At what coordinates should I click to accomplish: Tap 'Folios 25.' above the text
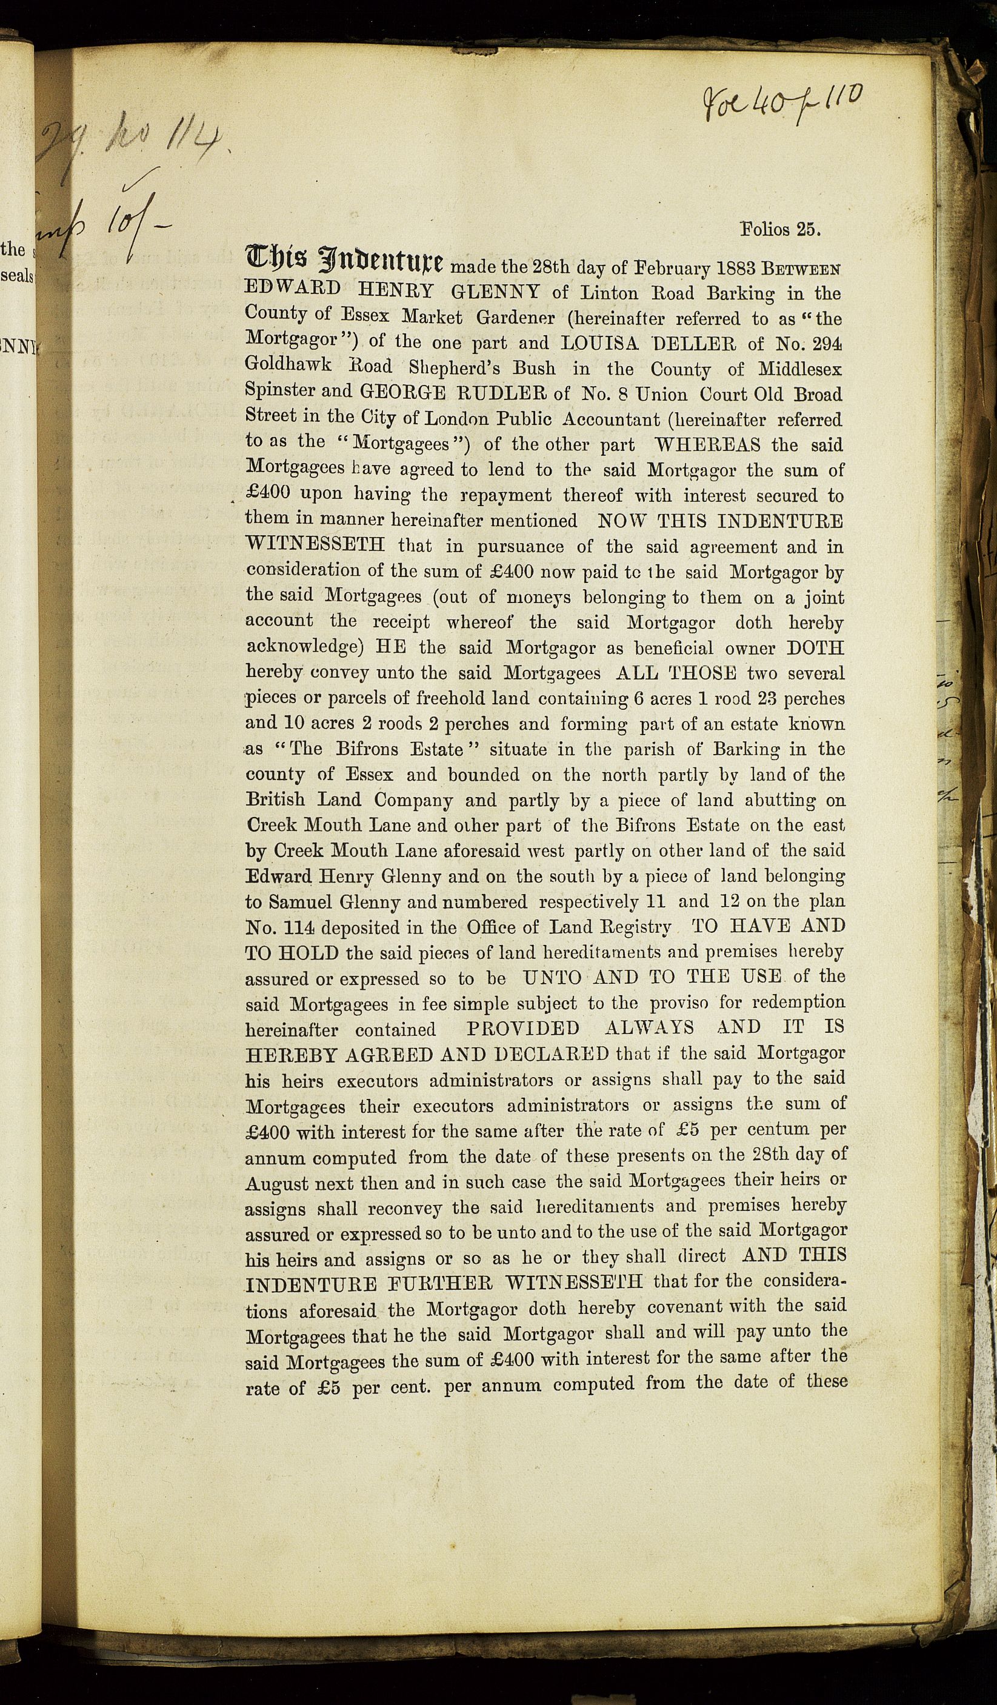[x=781, y=229]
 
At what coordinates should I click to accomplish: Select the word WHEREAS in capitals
[x=707, y=444]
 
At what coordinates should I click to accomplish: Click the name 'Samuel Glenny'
[x=334, y=902]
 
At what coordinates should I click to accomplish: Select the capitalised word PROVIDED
[x=523, y=1028]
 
